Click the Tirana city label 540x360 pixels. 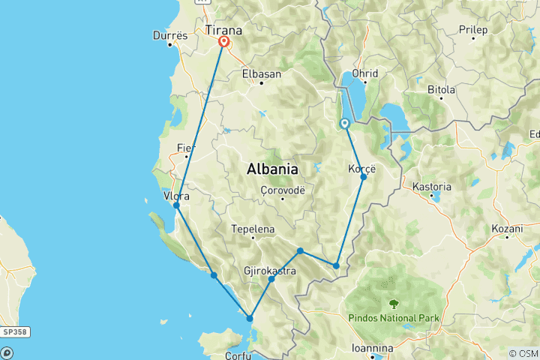223,30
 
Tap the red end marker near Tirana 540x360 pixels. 223,42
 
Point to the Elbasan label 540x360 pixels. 261,73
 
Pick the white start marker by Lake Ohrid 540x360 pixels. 344,124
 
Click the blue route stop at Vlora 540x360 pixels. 176,205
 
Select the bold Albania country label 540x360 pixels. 271,169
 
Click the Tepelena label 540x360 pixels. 253,229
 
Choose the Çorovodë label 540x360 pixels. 282,190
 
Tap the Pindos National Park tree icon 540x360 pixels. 394,304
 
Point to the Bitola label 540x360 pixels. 441,89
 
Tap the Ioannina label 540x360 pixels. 373,348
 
